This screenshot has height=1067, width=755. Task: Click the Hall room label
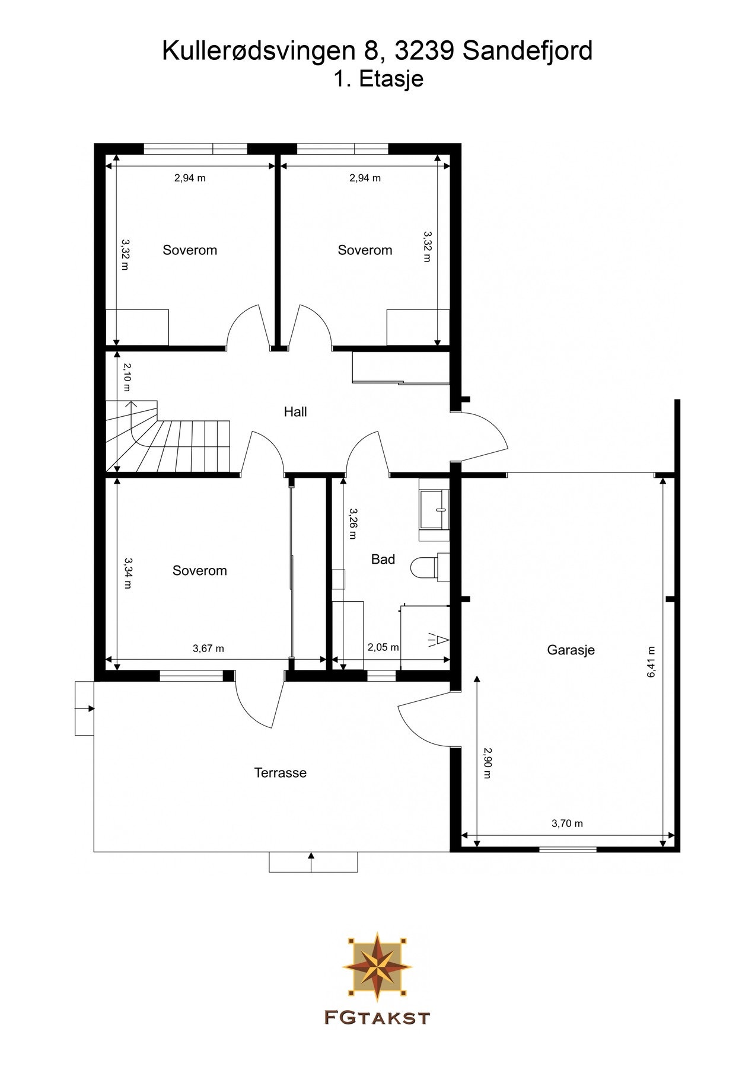pyautogui.click(x=295, y=411)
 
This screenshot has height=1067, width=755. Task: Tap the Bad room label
pyautogui.click(x=383, y=559)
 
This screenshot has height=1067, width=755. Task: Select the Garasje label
pyautogui.click(x=571, y=650)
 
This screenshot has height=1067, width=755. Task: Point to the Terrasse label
pyautogui.click(x=281, y=773)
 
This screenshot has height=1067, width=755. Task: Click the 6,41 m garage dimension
pyautogui.click(x=652, y=662)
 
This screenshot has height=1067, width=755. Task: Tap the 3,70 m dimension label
pyautogui.click(x=567, y=823)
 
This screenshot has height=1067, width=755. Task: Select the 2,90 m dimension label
pyautogui.click(x=487, y=763)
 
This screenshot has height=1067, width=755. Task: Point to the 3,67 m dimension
pyautogui.click(x=208, y=648)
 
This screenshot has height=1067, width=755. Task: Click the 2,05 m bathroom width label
pyautogui.click(x=383, y=647)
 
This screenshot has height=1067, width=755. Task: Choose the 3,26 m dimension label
pyautogui.click(x=353, y=523)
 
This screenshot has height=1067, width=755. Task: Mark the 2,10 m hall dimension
pyautogui.click(x=127, y=377)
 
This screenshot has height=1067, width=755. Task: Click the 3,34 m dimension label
pyautogui.click(x=127, y=573)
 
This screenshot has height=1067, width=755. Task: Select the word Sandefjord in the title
pyautogui.click(x=527, y=52)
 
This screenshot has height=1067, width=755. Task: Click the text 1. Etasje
pyautogui.click(x=378, y=79)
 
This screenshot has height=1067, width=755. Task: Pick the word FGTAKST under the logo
pyautogui.click(x=377, y=1018)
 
